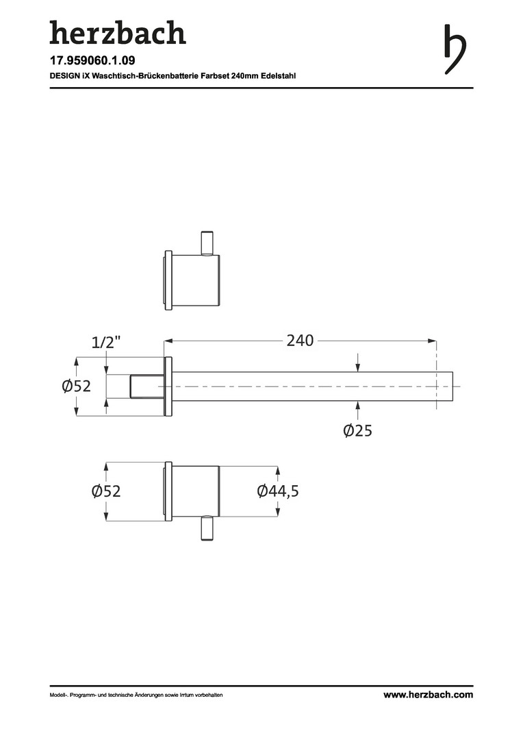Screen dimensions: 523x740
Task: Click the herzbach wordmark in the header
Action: coord(118,33)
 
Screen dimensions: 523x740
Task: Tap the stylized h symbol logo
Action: coord(455,49)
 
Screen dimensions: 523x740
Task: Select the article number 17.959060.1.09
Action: coord(92,60)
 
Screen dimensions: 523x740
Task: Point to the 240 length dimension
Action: coord(300,341)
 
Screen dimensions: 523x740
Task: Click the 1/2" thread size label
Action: coord(106,342)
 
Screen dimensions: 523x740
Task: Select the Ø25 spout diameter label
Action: coord(358,430)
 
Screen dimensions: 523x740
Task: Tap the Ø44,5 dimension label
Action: coord(278,491)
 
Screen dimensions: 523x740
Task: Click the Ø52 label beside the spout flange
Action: coord(76,386)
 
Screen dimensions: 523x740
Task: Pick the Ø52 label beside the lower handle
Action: coord(106,491)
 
